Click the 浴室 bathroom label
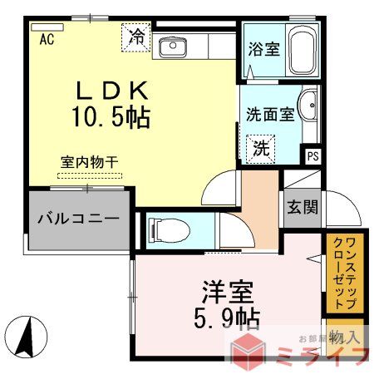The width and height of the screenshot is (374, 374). click(263, 47)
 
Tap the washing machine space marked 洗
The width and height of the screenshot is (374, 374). click(261, 150)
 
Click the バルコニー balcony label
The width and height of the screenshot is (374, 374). click(77, 220)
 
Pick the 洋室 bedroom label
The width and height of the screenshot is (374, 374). click(225, 292)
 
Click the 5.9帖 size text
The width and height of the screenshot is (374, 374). click(225, 318)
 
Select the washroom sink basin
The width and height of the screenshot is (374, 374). click(308, 106)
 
